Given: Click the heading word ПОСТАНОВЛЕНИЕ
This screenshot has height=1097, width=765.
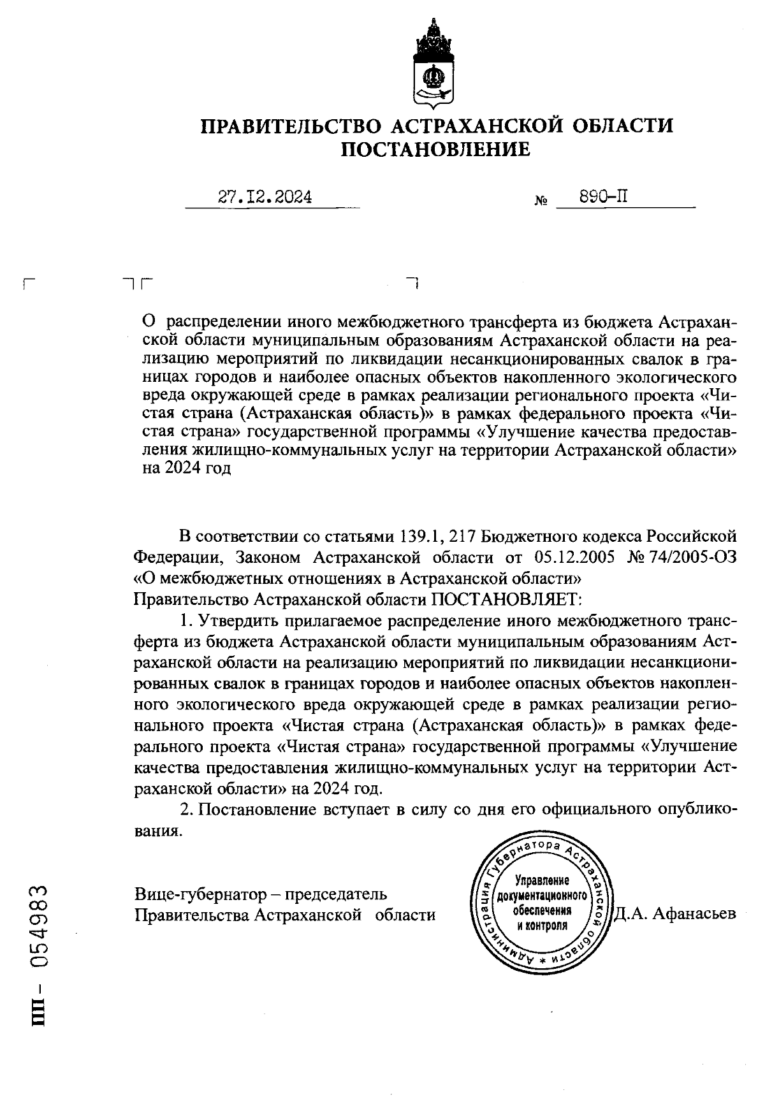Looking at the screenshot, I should coord(436,150).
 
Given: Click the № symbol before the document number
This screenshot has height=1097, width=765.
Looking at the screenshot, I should coord(541,201).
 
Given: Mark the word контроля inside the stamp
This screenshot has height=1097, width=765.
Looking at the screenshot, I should coord(542,925).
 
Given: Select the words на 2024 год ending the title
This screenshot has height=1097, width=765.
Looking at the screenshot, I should coord(186,469).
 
